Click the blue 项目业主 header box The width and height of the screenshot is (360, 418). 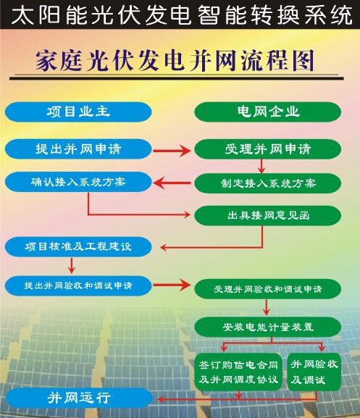pos(78,112)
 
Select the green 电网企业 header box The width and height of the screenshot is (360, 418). pos(268,112)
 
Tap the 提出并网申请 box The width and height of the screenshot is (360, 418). pos(78,149)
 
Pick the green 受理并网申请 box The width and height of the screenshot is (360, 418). pos(268,149)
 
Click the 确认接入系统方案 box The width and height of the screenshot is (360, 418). pos(78,182)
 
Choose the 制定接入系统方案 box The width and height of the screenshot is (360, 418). pos(268,183)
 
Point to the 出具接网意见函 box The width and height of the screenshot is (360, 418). pos(268,215)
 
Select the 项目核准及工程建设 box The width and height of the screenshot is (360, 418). pos(78,246)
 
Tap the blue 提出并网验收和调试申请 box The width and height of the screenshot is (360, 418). pos(78,285)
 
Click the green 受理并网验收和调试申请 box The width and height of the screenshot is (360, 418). pos(268,289)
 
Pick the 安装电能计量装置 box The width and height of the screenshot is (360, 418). pos(268,327)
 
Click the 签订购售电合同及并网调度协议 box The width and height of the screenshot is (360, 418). pos(238,372)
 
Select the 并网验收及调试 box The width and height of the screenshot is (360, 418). pos(314,372)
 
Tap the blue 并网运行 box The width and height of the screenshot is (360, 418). pos(79,398)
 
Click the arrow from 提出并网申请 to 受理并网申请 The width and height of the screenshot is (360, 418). pos(172,151)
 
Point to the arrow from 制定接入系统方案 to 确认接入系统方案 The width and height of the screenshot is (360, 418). pos(172,183)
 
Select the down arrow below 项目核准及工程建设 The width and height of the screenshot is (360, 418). pos(72,265)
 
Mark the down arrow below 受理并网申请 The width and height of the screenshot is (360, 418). pos(261,166)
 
